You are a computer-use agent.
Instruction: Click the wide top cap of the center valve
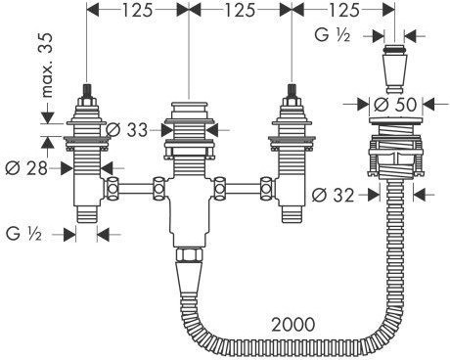(x=189, y=108)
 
